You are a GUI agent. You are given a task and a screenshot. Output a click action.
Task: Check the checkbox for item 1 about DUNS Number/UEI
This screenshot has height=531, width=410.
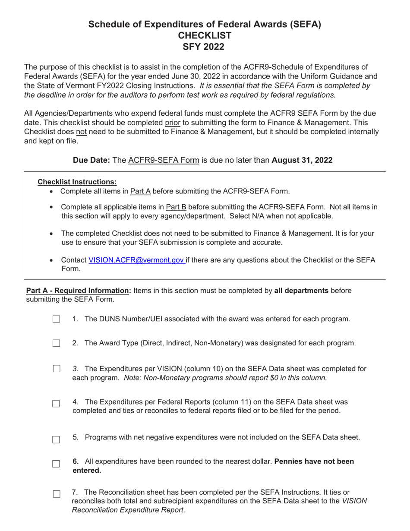tap(56, 319)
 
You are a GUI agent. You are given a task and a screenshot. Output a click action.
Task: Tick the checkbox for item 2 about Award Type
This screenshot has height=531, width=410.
tap(56, 343)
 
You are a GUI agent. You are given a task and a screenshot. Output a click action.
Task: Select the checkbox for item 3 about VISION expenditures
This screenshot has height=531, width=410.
tap(56, 369)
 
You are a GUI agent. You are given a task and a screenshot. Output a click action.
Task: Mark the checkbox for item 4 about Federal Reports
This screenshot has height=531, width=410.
tap(56, 403)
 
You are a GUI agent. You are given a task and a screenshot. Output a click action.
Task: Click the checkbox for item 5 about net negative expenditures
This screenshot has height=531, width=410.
tap(56, 439)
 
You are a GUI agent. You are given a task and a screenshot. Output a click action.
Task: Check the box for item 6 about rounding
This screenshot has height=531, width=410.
tap(56, 464)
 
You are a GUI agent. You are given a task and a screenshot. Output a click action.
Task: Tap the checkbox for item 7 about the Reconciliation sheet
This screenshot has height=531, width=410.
tap(56, 494)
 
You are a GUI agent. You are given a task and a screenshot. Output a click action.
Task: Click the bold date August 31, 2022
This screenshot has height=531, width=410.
tap(302, 160)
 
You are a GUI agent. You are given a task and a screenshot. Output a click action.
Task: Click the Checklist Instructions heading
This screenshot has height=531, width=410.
tap(77, 182)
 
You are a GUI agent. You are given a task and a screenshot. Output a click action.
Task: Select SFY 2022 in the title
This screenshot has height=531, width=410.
tap(205, 47)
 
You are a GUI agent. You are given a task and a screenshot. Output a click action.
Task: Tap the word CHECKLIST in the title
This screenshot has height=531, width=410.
tap(205, 35)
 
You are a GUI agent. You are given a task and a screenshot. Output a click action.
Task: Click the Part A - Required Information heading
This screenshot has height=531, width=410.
tap(79, 291)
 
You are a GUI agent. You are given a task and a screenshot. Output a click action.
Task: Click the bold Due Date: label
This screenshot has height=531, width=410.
tap(91, 160)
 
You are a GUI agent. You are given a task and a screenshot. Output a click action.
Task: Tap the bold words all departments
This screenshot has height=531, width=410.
tap(301, 291)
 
